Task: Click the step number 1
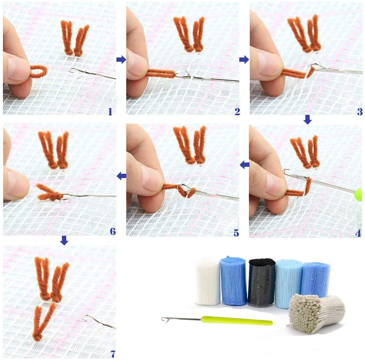110,111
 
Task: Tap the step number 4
358,233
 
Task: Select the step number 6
112,231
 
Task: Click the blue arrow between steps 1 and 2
121,59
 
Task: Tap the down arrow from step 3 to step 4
307,120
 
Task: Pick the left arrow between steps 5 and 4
245,165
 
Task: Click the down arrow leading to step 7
64,240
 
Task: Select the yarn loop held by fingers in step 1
38,71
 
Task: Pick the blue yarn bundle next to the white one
233,282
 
